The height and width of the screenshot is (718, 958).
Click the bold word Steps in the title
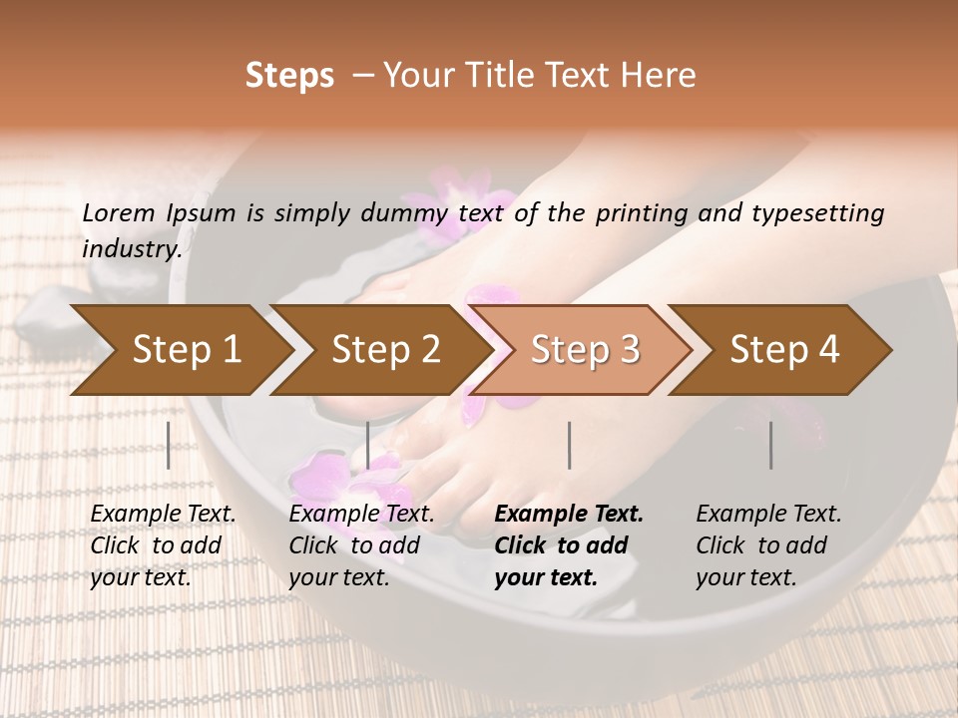point(289,76)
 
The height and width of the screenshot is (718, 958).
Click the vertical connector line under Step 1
point(169,445)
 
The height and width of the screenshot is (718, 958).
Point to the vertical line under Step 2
point(368,445)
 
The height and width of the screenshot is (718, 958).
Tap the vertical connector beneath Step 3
point(570,445)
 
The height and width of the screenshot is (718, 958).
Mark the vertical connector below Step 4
point(771,445)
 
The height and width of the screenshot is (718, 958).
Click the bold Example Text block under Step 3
point(569,545)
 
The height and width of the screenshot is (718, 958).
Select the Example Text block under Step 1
point(163,545)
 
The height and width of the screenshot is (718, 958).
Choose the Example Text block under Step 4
point(768,545)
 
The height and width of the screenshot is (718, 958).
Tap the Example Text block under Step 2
point(361,545)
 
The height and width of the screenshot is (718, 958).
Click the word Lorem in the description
point(119,212)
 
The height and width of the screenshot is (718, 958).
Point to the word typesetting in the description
point(822,212)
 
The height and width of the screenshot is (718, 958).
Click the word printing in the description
point(642,212)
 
